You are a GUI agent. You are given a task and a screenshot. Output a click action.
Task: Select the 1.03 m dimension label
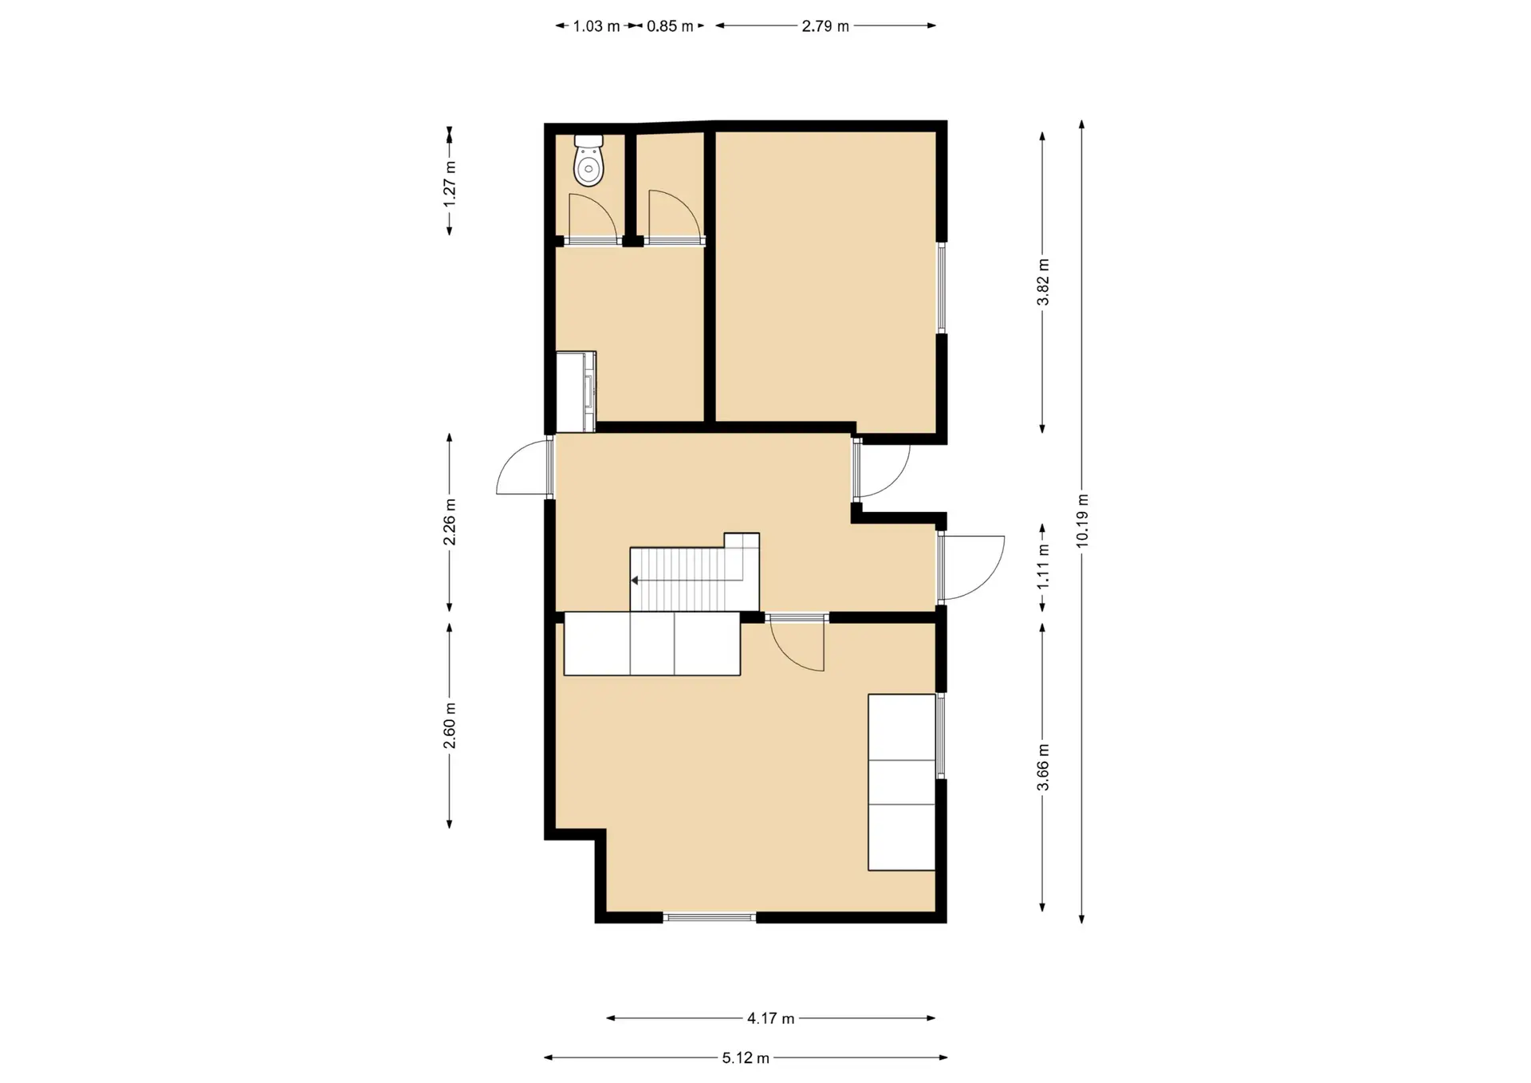pyautogui.click(x=596, y=26)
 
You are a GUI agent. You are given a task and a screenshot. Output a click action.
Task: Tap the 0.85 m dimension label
pyautogui.click(x=670, y=26)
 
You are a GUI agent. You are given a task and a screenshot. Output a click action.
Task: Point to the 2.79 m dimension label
pyautogui.click(x=825, y=26)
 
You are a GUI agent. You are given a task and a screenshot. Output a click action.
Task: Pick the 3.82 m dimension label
pyautogui.click(x=1043, y=282)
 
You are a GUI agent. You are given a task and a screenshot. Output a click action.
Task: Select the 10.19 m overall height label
pyautogui.click(x=1082, y=520)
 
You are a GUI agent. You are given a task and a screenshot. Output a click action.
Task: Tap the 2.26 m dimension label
pyautogui.click(x=450, y=522)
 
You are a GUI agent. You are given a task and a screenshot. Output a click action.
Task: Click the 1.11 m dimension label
pyautogui.click(x=1043, y=566)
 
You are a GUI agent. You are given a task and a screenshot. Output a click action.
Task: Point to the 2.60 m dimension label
pyautogui.click(x=450, y=726)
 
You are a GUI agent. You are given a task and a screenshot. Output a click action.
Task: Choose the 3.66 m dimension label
pyautogui.click(x=1043, y=767)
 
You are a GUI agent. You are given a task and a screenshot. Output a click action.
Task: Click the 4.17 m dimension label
pyautogui.click(x=770, y=1018)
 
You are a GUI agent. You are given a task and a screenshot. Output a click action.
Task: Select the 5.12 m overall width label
pyautogui.click(x=746, y=1058)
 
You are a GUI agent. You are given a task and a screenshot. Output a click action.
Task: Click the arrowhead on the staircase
pyautogui.click(x=635, y=581)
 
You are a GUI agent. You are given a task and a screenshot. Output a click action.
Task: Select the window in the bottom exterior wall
pyautogui.click(x=709, y=918)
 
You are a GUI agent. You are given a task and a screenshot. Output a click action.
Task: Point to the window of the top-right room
pyautogui.click(x=942, y=287)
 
